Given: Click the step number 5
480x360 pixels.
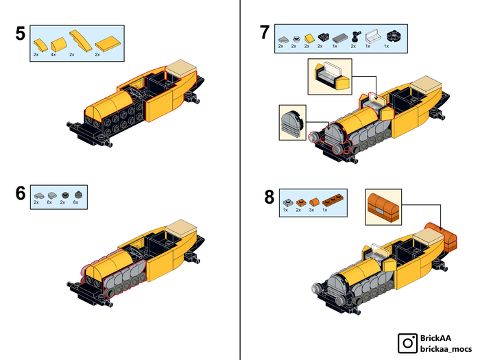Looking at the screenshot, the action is tap(21, 34).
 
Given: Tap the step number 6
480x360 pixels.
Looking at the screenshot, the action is tap(21, 193).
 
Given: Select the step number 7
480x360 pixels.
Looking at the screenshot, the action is tap(265, 32).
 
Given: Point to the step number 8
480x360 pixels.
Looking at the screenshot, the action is tap(269, 197).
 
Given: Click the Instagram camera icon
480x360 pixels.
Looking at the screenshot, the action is tap(407, 343).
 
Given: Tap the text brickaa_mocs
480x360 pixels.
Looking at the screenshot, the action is tap(446, 348).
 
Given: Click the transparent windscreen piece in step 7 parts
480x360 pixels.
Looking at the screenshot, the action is tap(373, 36).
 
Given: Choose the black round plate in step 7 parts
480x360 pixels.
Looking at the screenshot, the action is tap(394, 36).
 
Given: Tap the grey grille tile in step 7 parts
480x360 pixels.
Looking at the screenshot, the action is tap(340, 38).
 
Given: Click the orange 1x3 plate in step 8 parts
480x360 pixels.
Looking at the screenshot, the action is tap(333, 200).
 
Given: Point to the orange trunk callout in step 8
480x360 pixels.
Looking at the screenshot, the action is tap(383, 207).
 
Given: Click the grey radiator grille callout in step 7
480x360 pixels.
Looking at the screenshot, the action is tap(292, 123).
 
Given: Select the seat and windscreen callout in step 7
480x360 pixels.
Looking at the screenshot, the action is tap(330, 77).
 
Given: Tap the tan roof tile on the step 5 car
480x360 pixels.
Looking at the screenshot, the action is tap(181, 68).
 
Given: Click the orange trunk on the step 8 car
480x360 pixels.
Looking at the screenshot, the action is tap(442, 237).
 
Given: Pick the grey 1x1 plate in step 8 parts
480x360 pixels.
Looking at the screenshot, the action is tap(288, 202).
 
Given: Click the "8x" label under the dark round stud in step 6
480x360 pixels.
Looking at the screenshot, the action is tap(75, 202).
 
